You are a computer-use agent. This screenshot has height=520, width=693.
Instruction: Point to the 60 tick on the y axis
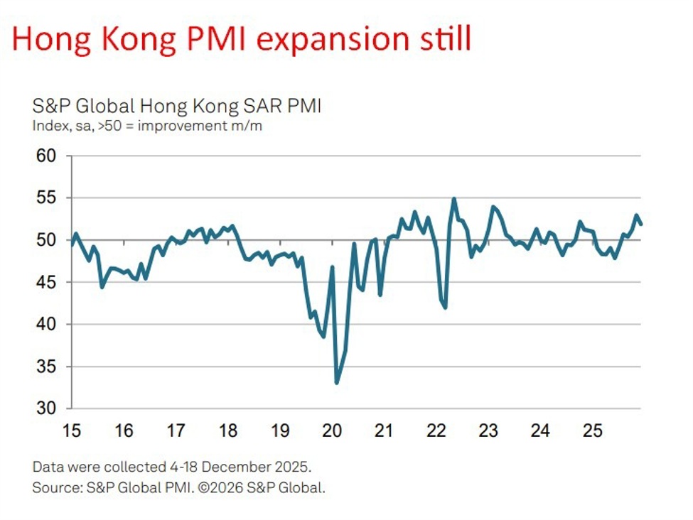click(48, 156)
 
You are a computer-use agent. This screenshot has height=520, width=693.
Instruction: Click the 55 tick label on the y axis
click(48, 197)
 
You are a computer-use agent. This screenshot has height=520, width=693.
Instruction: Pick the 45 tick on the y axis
click(48, 282)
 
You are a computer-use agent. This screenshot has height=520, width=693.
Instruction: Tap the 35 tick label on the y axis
click(48, 367)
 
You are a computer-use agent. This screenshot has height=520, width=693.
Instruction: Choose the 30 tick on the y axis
click(48, 408)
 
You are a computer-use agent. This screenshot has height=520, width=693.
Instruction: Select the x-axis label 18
click(227, 431)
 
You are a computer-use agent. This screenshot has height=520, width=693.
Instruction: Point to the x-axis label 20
click(332, 431)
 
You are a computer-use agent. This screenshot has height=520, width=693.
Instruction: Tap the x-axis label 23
click(488, 431)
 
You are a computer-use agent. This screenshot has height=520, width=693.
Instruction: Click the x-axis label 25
click(593, 431)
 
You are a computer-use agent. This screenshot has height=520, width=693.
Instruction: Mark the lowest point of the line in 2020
click(336, 383)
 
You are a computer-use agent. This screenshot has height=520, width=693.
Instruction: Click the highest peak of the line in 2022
click(454, 199)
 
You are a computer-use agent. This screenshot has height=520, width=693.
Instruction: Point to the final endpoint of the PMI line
click(641, 224)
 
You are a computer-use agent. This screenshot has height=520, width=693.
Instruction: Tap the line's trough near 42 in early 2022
click(446, 308)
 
